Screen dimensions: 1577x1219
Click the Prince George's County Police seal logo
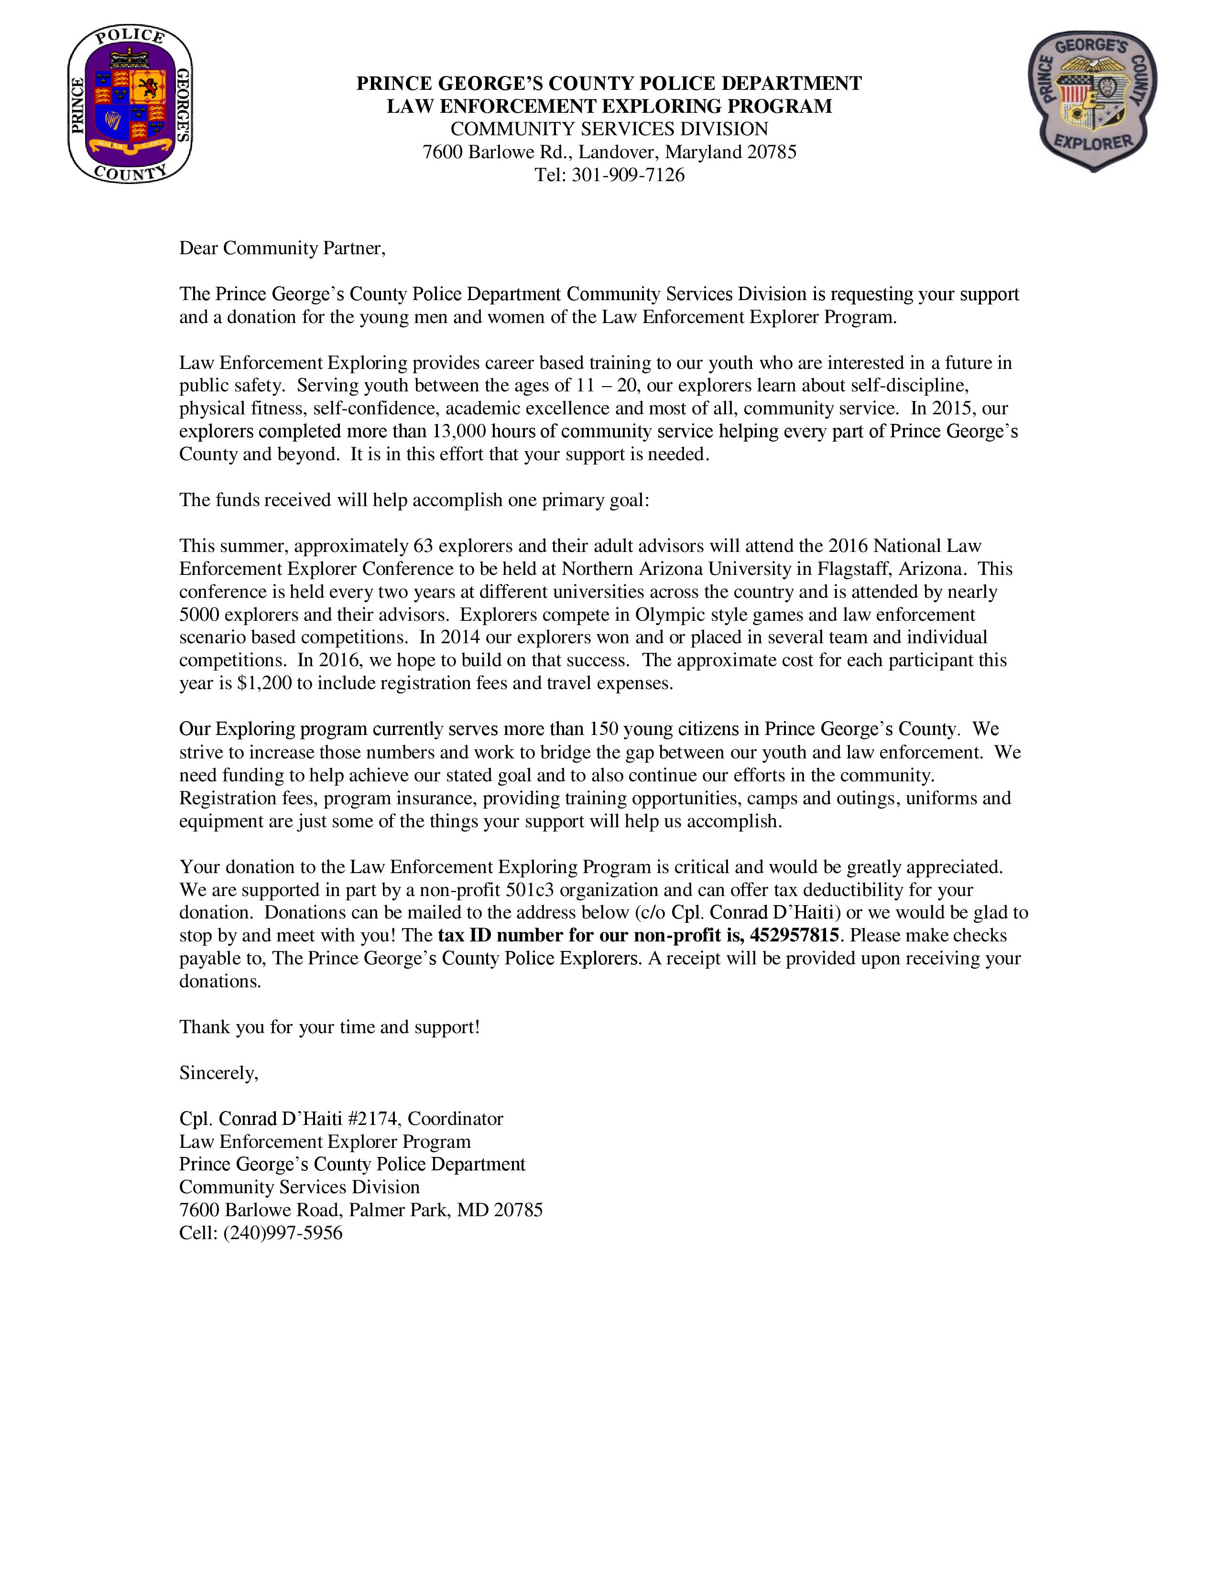pos(130,105)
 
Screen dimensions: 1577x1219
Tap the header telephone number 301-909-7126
pos(628,175)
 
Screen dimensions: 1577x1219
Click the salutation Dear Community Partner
pos(283,248)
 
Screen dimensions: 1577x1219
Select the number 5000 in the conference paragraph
pos(199,615)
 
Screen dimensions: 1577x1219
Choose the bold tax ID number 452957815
pos(795,936)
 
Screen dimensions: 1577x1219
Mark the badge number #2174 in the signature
pos(373,1119)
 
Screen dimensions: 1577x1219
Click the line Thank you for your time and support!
pos(329,1027)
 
